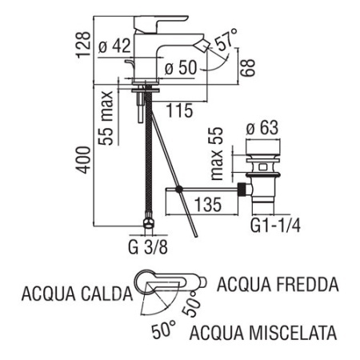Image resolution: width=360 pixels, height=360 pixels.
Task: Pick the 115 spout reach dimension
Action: point(179,111)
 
